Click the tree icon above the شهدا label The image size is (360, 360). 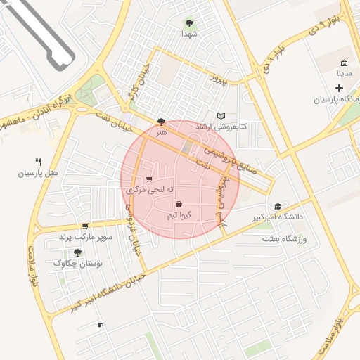pos(189,22)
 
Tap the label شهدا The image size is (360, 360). pos(189,33)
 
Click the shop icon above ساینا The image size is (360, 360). pos(343,63)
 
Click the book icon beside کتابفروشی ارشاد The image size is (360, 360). pos(221,115)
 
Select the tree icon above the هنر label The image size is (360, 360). pos(162,122)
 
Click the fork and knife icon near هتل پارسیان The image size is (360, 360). pos(38,162)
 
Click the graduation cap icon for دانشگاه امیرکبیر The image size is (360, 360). pos(278,206)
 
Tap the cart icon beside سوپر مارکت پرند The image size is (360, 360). pos(85,226)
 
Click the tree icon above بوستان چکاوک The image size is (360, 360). pos(77,252)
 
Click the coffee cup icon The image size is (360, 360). pos(100,325)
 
